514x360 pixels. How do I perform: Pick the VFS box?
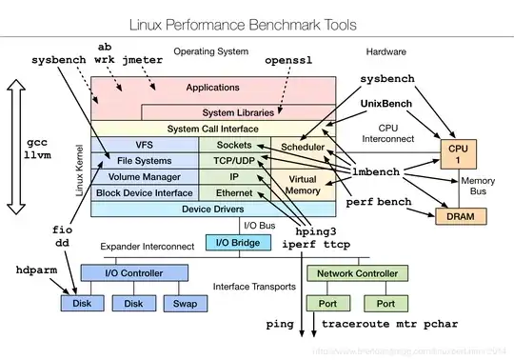tap(144, 144)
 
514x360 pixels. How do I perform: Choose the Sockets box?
tap(233, 144)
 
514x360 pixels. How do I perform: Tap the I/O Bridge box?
tap(238, 242)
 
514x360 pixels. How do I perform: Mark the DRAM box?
tap(459, 216)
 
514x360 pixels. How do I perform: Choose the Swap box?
tap(185, 305)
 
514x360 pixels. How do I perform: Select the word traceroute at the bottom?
tap(356, 325)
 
